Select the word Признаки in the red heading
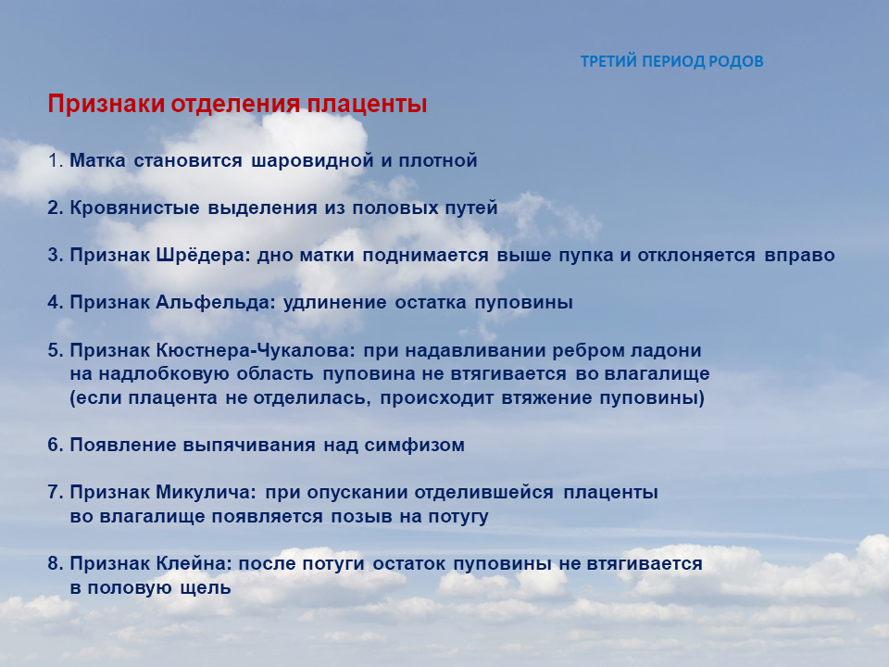pos(106,105)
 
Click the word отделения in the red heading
pos(235,104)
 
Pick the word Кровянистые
pos(134,208)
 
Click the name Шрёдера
pos(203,256)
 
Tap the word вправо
pos(799,256)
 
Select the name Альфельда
pos(216,303)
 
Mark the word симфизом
pos(415,446)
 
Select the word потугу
pos(458,517)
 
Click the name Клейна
pos(194,564)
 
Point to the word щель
pos(206,588)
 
